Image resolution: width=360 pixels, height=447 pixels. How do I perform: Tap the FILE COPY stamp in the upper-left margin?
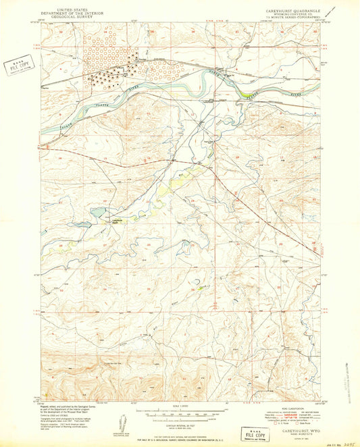point(20,66)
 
